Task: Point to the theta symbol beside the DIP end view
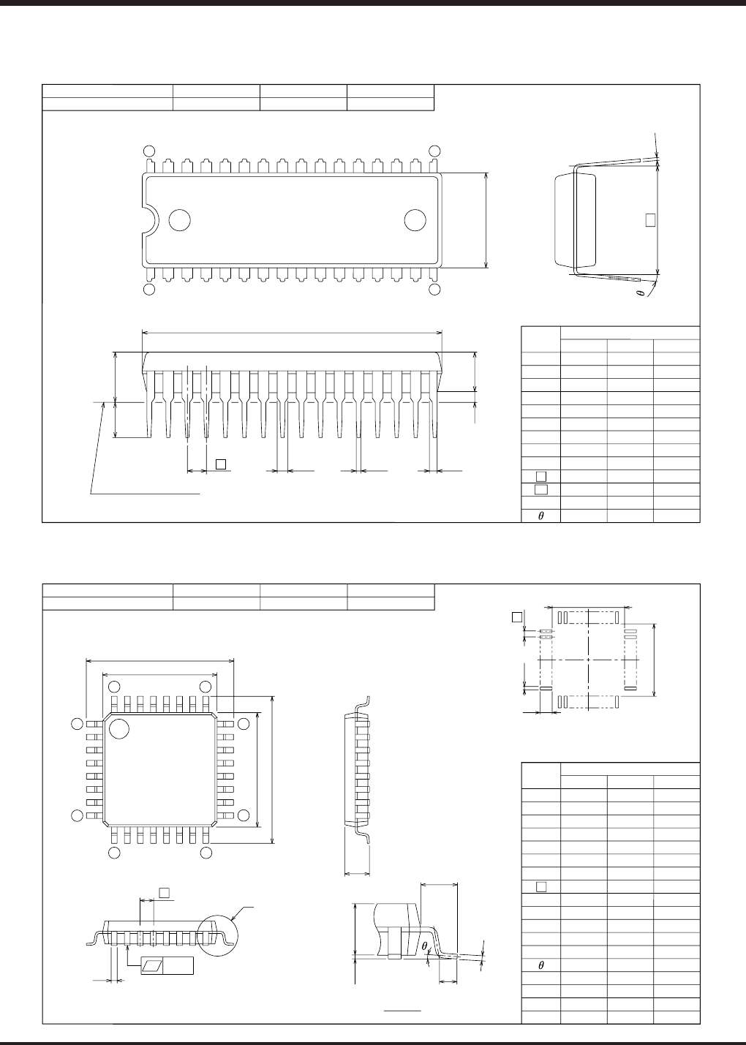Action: click(640, 293)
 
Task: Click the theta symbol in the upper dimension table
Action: click(541, 516)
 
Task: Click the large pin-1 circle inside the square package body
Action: click(119, 729)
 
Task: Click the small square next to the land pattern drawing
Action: click(516, 617)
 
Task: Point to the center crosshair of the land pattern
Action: click(589, 659)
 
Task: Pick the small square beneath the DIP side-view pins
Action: click(221, 462)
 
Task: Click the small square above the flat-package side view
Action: click(165, 891)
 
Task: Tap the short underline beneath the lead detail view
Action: click(403, 1010)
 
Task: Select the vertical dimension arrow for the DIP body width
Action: click(486, 220)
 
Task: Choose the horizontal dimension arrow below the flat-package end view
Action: click(358, 872)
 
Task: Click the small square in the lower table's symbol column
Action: click(541, 887)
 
